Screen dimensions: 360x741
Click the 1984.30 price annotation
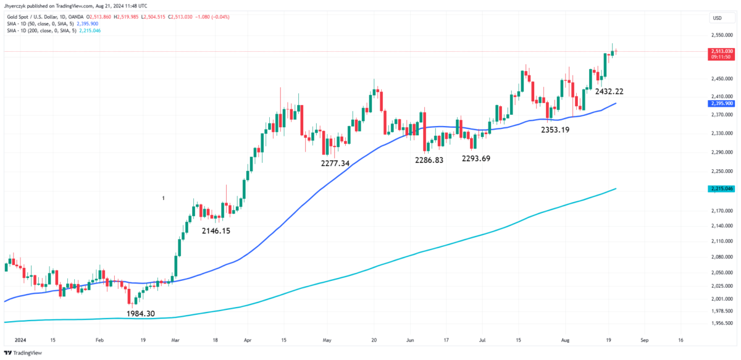tap(140, 314)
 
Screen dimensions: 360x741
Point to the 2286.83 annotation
tap(425, 159)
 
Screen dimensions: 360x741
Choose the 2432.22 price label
tap(609, 91)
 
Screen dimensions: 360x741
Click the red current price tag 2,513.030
tap(721, 51)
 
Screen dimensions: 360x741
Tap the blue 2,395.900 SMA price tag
tap(721, 103)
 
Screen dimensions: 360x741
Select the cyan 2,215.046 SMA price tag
tap(721, 188)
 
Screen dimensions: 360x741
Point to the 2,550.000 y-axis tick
tap(721, 35)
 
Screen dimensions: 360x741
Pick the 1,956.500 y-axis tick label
tap(721, 323)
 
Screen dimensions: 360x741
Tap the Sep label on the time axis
tap(645, 340)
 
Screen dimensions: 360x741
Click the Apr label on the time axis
tap(248, 340)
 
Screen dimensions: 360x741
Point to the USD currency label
tap(717, 18)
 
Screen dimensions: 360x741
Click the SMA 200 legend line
tap(43, 30)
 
